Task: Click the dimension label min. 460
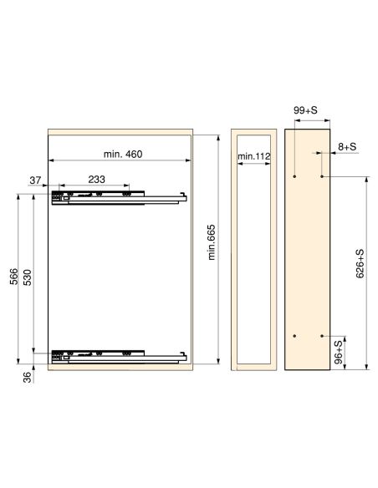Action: tap(123, 154)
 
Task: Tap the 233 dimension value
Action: tap(96, 180)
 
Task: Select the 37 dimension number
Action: tap(35, 180)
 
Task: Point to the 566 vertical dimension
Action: tap(14, 277)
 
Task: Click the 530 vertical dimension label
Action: tap(28, 277)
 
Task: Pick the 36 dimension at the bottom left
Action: tap(28, 377)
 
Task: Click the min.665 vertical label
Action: tap(212, 242)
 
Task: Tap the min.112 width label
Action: tap(253, 156)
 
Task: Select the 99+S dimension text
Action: tap(305, 110)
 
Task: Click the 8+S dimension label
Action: tap(347, 146)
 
